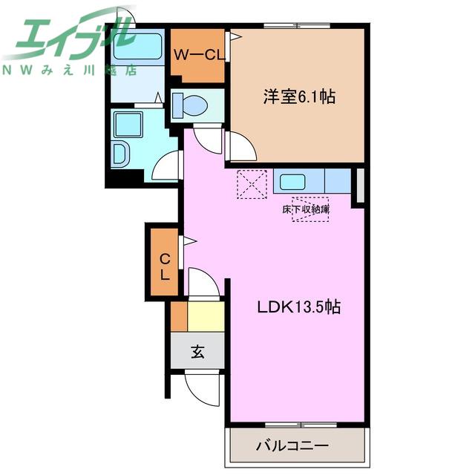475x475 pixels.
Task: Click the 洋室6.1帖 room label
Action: pyautogui.click(x=299, y=97)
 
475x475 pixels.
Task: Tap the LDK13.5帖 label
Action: pyautogui.click(x=299, y=307)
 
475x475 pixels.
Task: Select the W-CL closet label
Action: pyautogui.click(x=199, y=55)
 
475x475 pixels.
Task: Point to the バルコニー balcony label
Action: pyautogui.click(x=292, y=445)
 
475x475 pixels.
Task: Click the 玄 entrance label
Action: pyautogui.click(x=197, y=351)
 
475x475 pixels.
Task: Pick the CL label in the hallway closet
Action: pyautogui.click(x=165, y=266)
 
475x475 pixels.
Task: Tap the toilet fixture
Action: pyautogui.click(x=190, y=105)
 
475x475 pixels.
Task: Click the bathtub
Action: pyautogui.click(x=137, y=46)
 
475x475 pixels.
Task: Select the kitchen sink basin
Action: pyautogui.click(x=292, y=182)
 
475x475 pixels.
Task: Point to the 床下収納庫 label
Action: pyautogui.click(x=306, y=209)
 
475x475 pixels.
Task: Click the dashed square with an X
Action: pyautogui.click(x=252, y=184)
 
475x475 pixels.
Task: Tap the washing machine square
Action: pyautogui.click(x=128, y=124)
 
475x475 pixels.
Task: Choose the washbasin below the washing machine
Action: pyautogui.click(x=120, y=154)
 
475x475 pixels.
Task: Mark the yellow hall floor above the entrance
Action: pyautogui.click(x=206, y=316)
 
